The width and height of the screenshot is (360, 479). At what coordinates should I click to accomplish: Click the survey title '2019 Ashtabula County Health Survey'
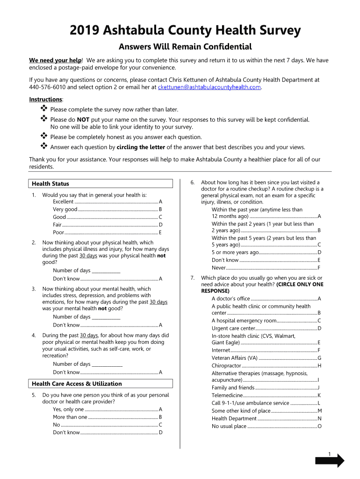(x=185, y=31)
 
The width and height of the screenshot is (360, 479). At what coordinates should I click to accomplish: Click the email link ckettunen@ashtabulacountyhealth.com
(x=209, y=87)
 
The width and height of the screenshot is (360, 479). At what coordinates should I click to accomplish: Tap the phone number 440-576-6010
(x=45, y=87)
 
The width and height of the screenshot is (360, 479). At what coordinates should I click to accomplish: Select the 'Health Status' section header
(x=50, y=184)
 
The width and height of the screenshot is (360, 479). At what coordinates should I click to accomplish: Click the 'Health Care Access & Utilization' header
(x=77, y=384)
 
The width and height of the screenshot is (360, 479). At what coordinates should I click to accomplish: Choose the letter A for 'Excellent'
(x=160, y=202)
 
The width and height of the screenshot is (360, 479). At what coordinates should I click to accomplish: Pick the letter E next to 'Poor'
(x=160, y=232)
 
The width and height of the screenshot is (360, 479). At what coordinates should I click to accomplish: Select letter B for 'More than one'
(x=160, y=417)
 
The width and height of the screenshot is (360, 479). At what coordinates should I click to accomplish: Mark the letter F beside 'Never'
(x=319, y=268)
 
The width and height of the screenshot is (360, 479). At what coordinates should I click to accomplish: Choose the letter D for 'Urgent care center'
(x=319, y=328)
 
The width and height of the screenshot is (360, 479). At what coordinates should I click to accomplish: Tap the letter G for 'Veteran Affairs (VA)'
(x=319, y=358)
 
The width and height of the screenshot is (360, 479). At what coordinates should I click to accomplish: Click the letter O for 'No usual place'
(x=319, y=427)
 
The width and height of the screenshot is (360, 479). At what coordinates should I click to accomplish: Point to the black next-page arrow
(x=330, y=461)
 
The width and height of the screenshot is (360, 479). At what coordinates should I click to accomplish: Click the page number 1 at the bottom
(x=329, y=454)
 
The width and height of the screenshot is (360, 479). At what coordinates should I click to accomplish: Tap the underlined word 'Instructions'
(x=45, y=100)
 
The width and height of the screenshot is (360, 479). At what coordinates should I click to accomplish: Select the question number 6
(x=192, y=182)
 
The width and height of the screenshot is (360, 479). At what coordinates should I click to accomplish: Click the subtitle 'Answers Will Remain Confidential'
(x=185, y=47)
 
